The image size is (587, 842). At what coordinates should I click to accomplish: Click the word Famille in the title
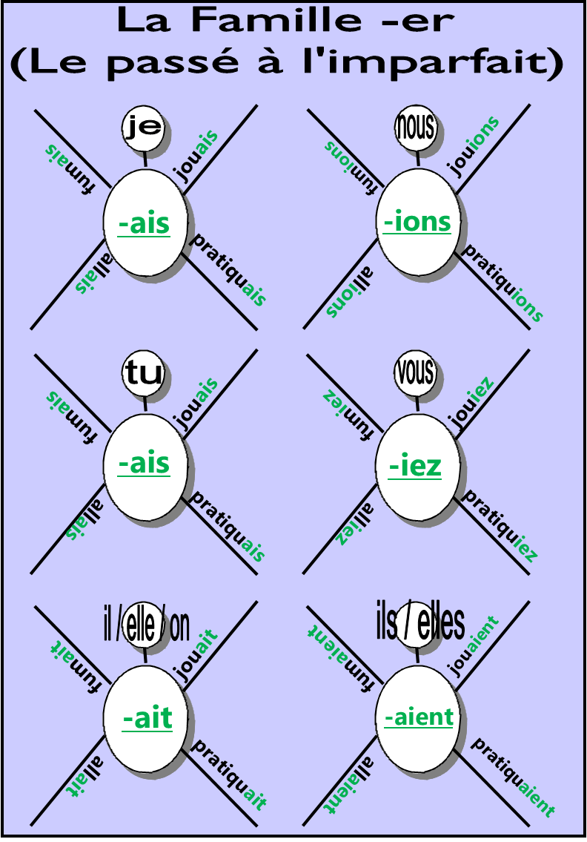(x=275, y=21)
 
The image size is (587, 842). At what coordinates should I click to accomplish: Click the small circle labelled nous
(x=416, y=128)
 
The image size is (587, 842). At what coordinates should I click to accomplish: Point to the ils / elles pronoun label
(x=420, y=623)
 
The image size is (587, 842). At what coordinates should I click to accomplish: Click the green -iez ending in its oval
(x=415, y=466)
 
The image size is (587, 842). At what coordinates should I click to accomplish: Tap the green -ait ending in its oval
(x=147, y=719)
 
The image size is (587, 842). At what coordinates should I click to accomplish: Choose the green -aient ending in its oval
(x=419, y=717)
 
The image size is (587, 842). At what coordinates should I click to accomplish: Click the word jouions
(x=474, y=146)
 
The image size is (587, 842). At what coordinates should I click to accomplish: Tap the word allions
(x=349, y=292)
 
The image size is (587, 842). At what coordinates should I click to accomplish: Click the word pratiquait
(x=229, y=775)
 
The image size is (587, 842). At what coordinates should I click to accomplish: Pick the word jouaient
(x=474, y=647)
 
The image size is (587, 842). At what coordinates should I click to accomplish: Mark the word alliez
(x=355, y=524)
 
